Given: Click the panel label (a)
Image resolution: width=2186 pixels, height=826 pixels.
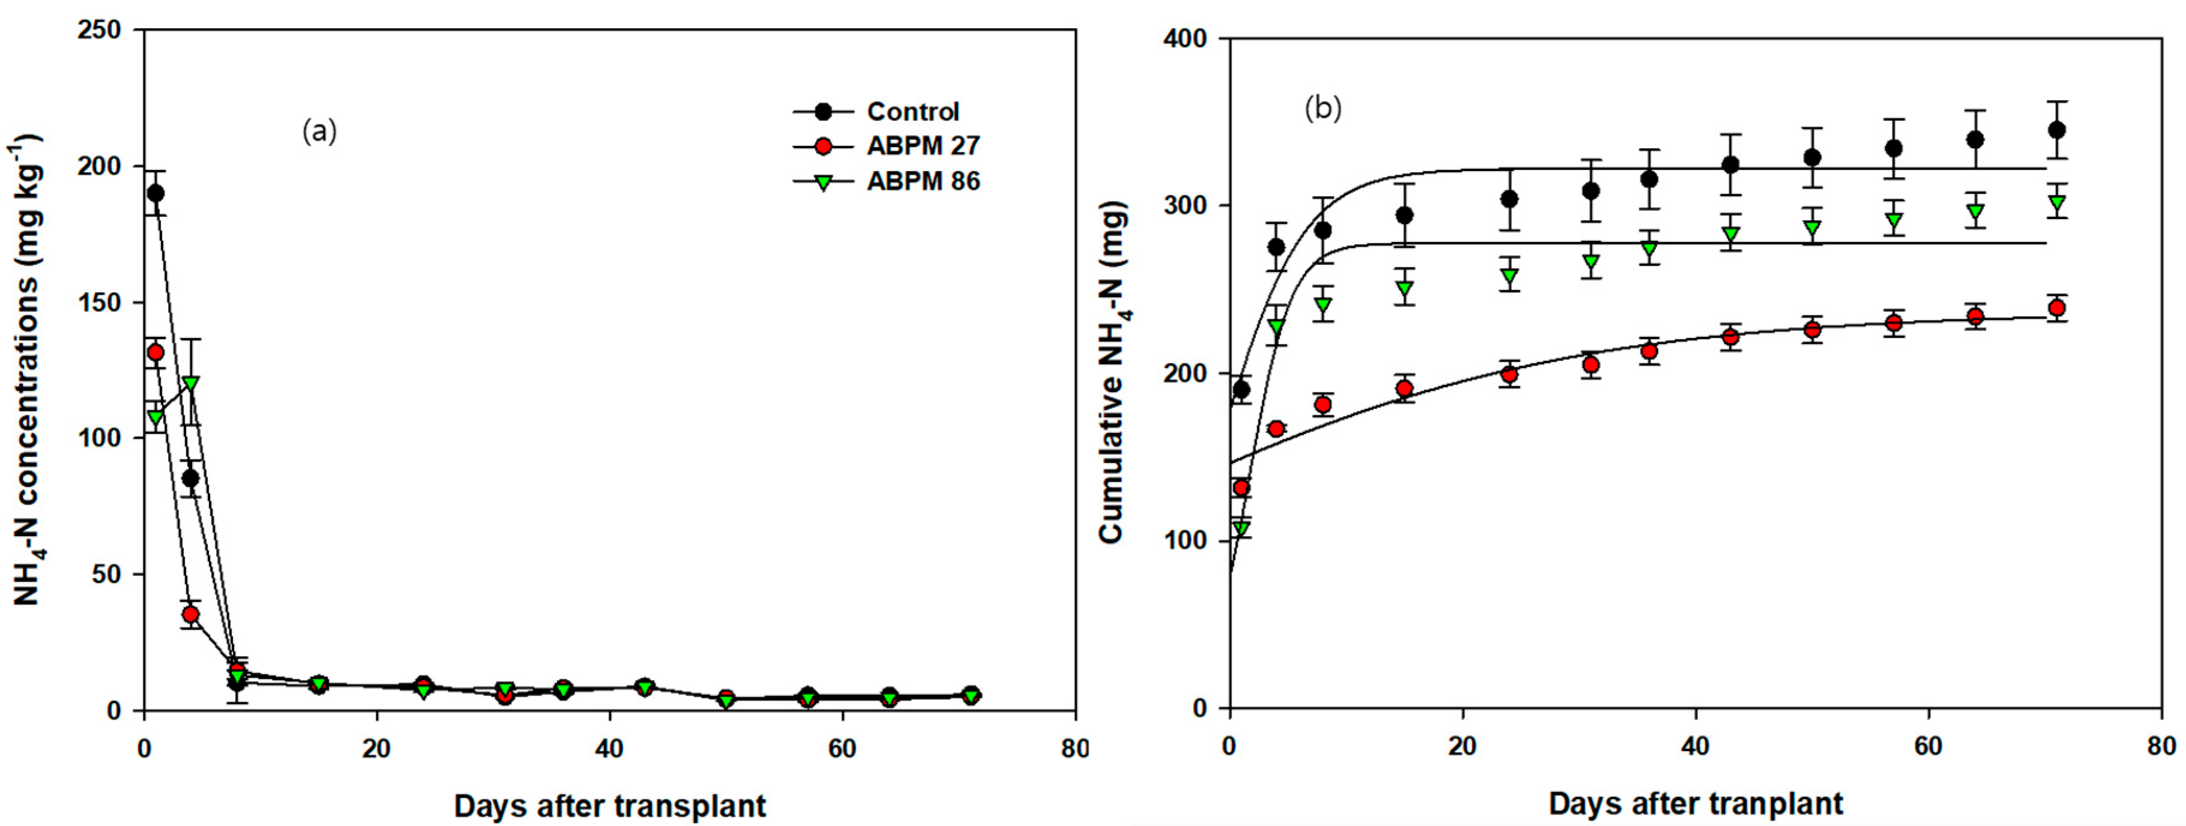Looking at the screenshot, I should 320,131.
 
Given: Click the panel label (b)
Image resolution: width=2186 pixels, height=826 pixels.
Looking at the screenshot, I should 1323,109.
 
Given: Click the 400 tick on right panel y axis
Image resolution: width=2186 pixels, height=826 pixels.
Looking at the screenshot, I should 1190,39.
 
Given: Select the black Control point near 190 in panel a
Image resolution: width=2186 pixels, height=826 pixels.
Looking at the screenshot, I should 155,193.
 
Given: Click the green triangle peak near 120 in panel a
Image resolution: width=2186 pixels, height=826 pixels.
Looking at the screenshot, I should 190,384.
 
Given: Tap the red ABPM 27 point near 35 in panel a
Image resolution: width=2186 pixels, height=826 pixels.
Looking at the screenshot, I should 190,613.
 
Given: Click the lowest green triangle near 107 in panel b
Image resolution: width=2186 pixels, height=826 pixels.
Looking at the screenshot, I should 1241,529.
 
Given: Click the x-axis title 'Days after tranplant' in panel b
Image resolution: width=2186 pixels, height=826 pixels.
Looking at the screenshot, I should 1696,803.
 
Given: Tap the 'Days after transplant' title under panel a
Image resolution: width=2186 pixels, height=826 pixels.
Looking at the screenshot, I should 609,806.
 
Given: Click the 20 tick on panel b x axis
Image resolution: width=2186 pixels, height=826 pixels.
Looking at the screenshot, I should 1462,746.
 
